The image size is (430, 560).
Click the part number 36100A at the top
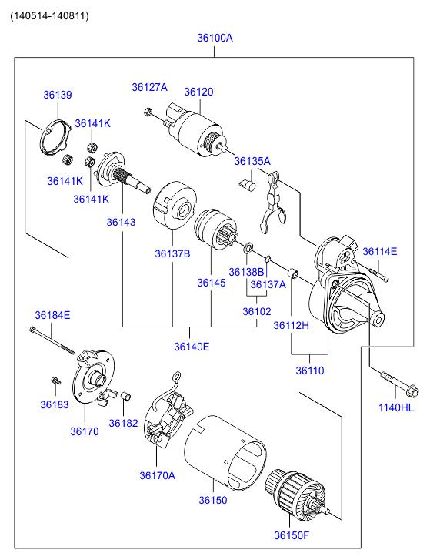pos(215,38)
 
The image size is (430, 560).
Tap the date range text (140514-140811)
pos(49,15)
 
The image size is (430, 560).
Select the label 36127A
pos(149,87)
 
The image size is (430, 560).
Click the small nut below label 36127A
pos(147,112)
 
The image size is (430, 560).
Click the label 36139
pos(58,95)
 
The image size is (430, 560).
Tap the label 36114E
pos(379,251)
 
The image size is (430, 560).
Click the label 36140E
pos(192,347)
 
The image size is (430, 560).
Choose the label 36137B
pos(172,253)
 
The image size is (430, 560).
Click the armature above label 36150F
pos(297,494)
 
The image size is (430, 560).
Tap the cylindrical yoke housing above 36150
pos(225,452)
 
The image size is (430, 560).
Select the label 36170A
pos(157,475)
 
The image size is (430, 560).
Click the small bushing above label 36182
pos(125,397)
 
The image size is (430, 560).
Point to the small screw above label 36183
pos(55,381)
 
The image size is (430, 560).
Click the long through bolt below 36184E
pos(52,340)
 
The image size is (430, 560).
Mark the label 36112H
pos(291,325)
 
